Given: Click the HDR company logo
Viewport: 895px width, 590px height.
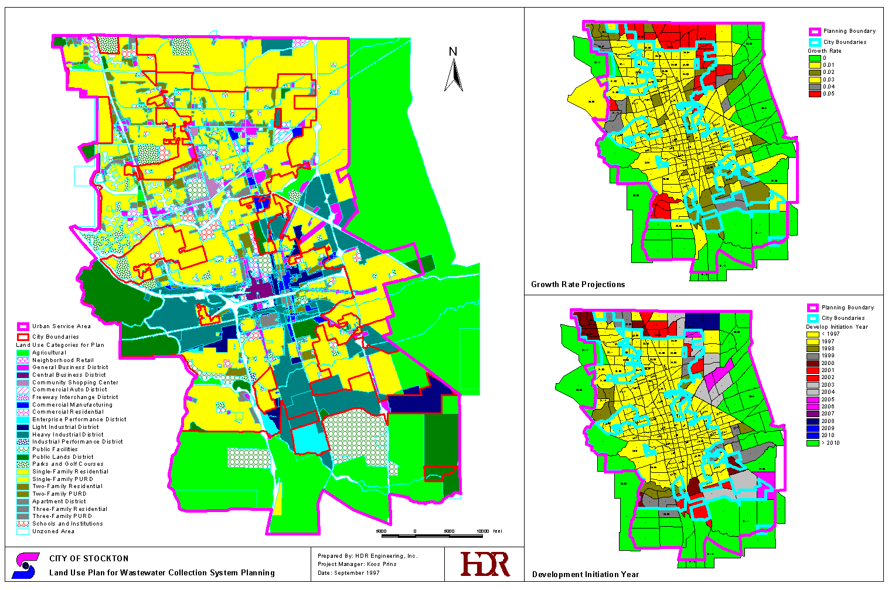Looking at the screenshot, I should click(485, 564).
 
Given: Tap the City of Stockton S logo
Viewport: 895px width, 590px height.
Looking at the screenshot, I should click(25, 565).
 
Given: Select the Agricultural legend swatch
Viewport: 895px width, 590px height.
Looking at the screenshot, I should click(23, 353).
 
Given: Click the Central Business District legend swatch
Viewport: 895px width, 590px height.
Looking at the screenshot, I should click(23, 375).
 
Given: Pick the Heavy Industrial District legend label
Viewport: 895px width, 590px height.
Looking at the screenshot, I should click(67, 435).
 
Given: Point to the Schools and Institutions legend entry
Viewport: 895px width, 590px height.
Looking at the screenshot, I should click(67, 524).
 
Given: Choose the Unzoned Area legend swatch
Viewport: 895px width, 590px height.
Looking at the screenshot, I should click(23, 531).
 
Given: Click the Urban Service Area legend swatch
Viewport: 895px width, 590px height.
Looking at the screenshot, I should click(23, 326).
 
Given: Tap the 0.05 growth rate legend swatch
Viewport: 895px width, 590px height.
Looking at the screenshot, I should click(814, 94).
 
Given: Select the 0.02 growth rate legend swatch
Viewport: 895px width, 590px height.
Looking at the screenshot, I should click(814, 72).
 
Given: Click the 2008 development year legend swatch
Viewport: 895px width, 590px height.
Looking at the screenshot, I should click(812, 421).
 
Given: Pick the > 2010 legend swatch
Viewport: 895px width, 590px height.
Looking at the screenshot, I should click(812, 443).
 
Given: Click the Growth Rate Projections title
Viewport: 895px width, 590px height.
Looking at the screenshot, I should click(578, 284).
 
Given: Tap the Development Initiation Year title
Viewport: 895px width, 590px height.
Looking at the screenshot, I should click(585, 574).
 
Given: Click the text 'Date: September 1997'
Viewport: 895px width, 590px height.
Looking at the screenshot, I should click(348, 572).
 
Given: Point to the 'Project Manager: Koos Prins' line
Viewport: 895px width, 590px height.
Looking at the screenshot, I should click(357, 564).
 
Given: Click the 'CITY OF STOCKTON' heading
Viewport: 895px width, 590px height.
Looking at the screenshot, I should click(89, 558).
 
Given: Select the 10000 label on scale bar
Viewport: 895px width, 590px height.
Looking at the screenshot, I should click(482, 531).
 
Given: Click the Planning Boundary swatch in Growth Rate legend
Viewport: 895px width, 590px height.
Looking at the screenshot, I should click(814, 32).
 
